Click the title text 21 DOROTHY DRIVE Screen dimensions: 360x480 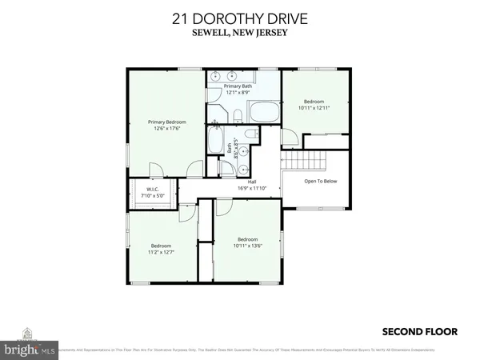(239, 18)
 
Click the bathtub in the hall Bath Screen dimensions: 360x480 (217, 141)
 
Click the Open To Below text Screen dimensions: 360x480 (320, 182)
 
